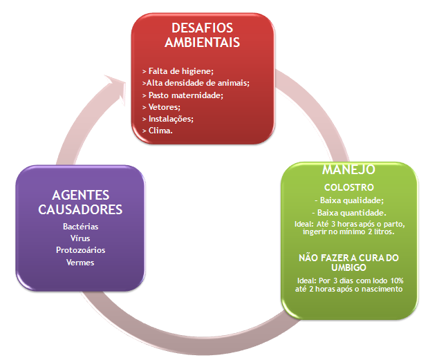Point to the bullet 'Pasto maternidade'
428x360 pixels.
182,95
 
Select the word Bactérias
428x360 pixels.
80,227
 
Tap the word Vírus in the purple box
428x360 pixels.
80,238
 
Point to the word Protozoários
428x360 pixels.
80,250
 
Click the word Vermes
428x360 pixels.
80,262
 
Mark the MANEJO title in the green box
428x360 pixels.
348,169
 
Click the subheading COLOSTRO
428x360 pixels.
348,187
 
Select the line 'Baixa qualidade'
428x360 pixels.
348,200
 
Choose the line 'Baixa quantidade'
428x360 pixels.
349,212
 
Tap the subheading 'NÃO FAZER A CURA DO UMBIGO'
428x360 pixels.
348,263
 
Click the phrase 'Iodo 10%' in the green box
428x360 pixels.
385,280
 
